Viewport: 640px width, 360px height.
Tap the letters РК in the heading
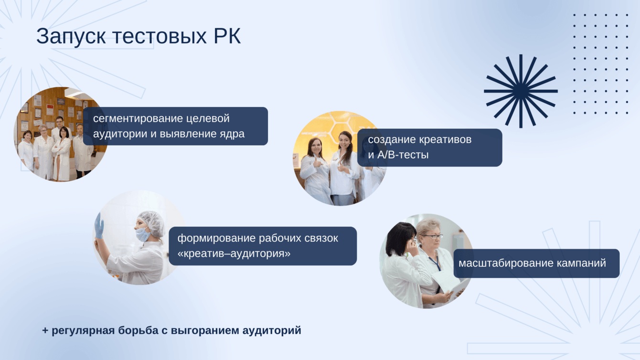(227, 36)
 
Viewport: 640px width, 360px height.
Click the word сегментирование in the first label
(138, 118)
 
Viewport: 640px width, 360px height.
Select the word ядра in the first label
(232, 134)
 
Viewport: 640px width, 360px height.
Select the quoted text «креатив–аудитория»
(234, 254)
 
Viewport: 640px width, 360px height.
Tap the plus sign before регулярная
(45, 330)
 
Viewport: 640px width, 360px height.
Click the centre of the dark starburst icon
(521, 91)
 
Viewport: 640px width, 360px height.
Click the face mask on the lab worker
(143, 234)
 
